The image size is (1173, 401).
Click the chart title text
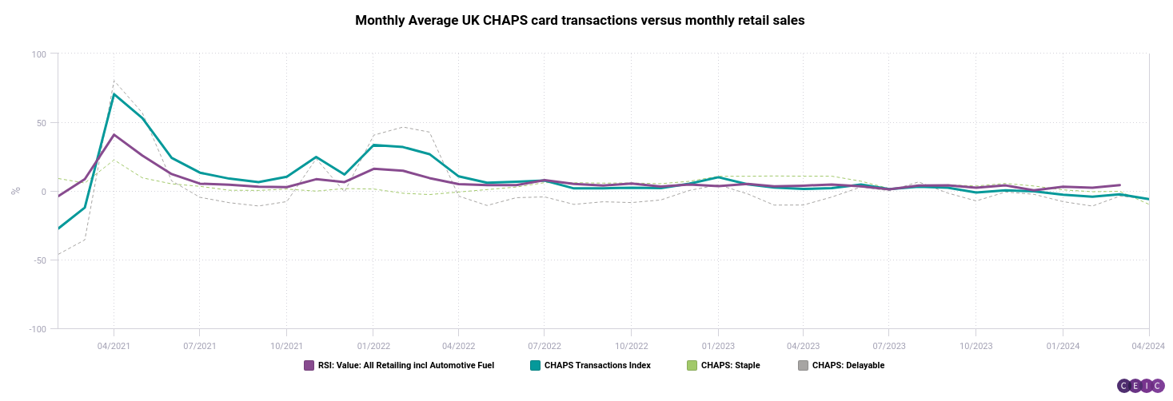pos(580,21)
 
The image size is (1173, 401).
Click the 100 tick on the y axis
pos(40,54)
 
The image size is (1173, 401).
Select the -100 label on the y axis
pos(37,329)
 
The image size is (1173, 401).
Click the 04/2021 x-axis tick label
pos(114,346)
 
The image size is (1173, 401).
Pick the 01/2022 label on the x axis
pos(372,346)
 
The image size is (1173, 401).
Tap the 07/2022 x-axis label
pos(544,346)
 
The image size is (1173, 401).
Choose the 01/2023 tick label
pos(718,346)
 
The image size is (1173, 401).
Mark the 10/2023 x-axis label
pos(975,346)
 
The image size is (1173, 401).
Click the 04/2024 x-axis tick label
pos(1148,346)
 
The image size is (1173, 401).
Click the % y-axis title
pos(15,191)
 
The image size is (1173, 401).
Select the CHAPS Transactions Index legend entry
pos(597,366)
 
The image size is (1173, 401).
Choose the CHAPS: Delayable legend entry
pos(848,366)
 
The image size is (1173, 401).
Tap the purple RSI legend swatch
pos(309,366)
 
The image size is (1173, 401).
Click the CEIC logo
pos(1141,386)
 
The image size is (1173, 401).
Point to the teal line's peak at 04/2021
pos(114,94)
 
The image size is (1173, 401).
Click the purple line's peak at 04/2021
pos(114,134)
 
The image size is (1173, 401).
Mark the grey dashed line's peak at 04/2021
pos(114,81)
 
